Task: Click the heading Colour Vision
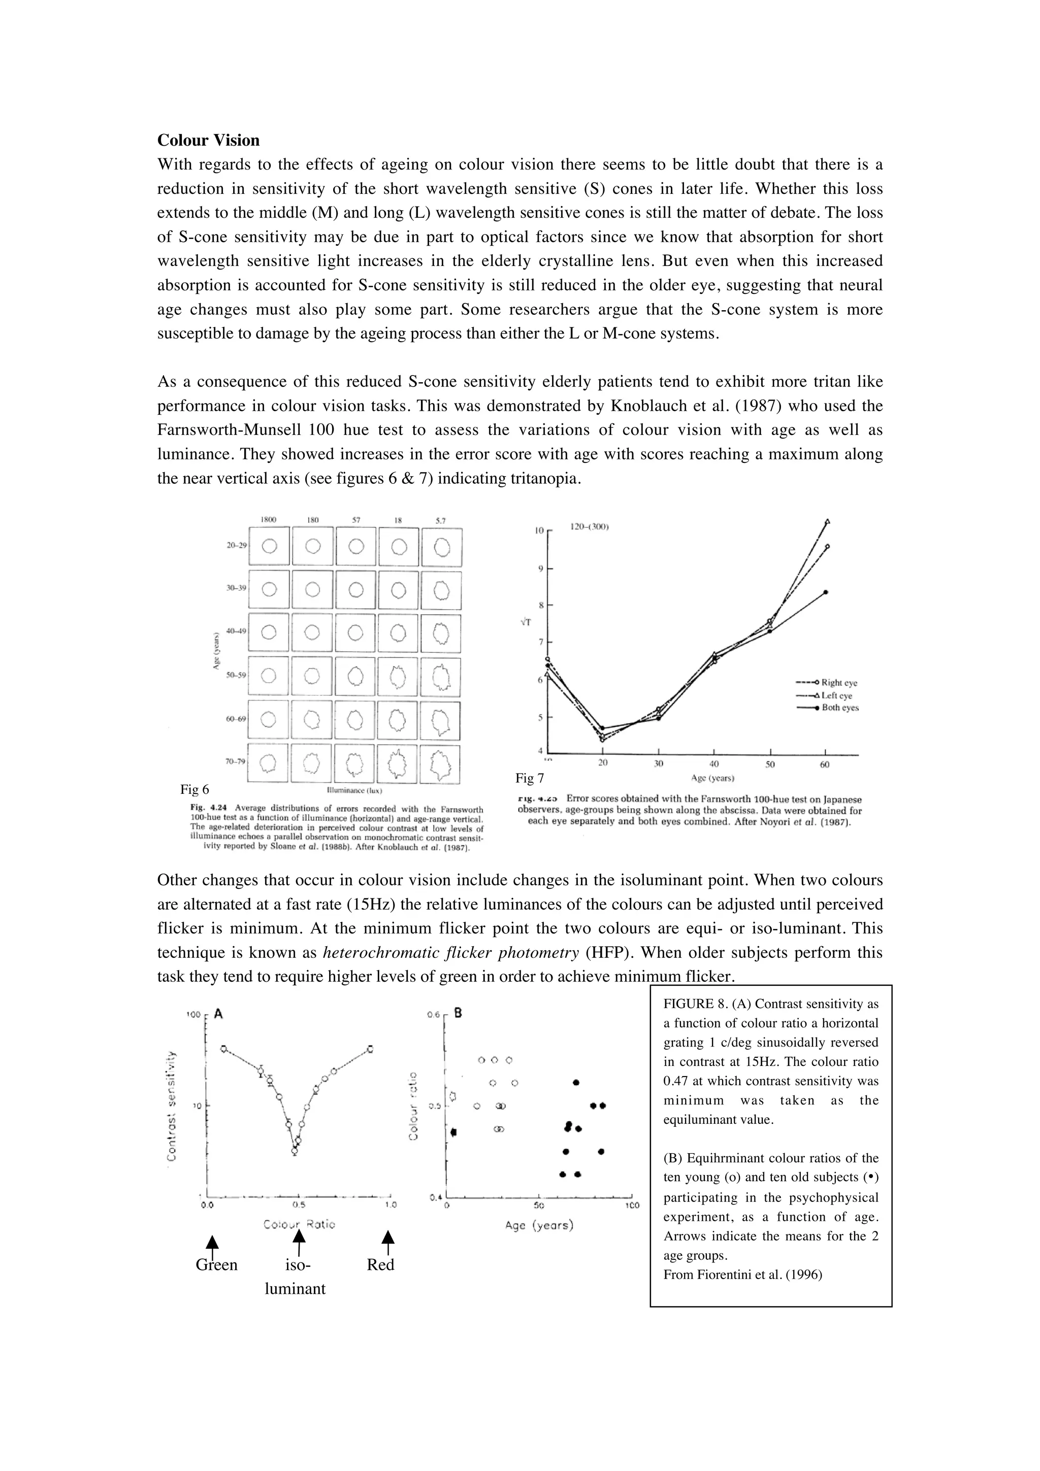point(208,140)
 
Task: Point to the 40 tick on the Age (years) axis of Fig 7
point(714,764)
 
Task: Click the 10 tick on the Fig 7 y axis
point(539,530)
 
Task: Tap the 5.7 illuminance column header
point(441,520)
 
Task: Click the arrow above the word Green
point(213,1244)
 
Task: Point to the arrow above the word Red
point(387,1242)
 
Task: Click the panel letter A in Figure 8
point(218,1014)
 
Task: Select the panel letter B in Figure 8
point(458,1014)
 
